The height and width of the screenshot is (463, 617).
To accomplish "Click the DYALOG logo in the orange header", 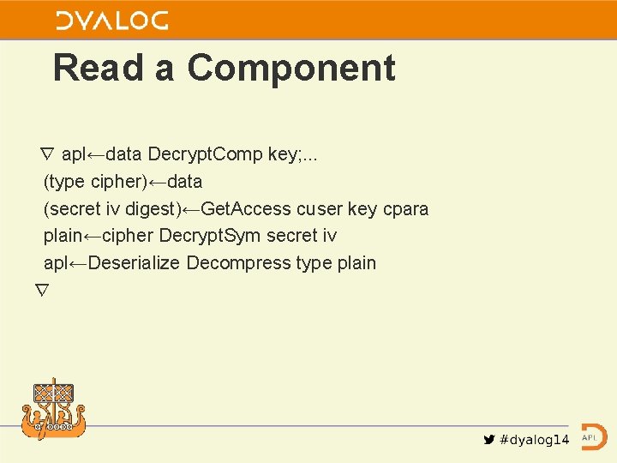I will coord(111,21).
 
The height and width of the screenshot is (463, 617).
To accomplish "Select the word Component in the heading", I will coord(291,68).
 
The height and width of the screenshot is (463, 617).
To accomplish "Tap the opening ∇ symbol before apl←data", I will coord(47,154).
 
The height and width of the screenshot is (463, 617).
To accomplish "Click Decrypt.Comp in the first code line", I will coord(205,154).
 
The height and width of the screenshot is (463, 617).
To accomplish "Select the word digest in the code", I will coord(153,208).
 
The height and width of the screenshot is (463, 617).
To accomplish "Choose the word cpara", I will coord(404,208).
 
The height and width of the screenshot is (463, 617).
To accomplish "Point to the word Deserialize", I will coord(134,263).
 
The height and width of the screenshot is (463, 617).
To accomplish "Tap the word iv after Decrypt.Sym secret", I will coord(328,236).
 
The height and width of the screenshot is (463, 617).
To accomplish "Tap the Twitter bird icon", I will coord(489,440).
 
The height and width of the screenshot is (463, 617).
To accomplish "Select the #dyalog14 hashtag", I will coord(534,440).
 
